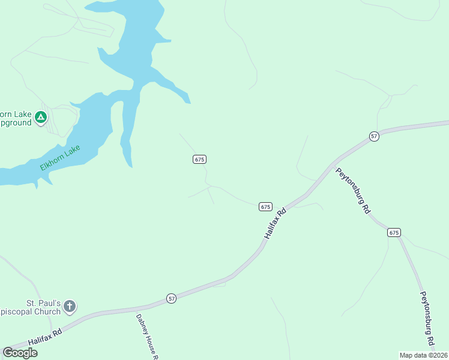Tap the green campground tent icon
[x=40, y=117]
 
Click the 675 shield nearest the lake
[x=200, y=159]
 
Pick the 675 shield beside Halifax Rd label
[x=266, y=206]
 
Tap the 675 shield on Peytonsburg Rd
[x=394, y=232]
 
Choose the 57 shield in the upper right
[x=375, y=136]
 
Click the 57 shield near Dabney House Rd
[x=172, y=298]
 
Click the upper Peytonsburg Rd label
[x=352, y=191]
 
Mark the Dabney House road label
[x=147, y=337]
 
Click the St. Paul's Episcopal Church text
[x=33, y=307]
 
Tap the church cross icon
[x=70, y=307]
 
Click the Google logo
[x=20, y=353]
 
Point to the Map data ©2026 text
[x=423, y=355]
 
